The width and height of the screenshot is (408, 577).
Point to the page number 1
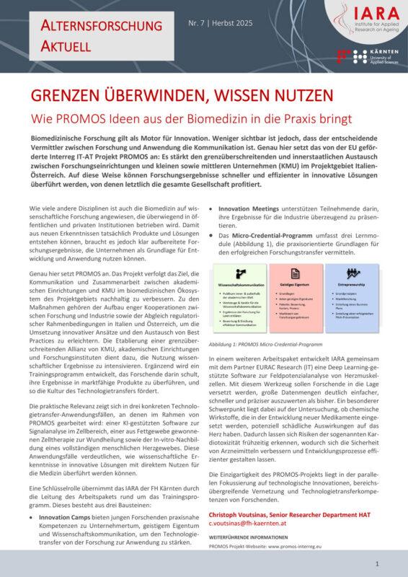(378, 563)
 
